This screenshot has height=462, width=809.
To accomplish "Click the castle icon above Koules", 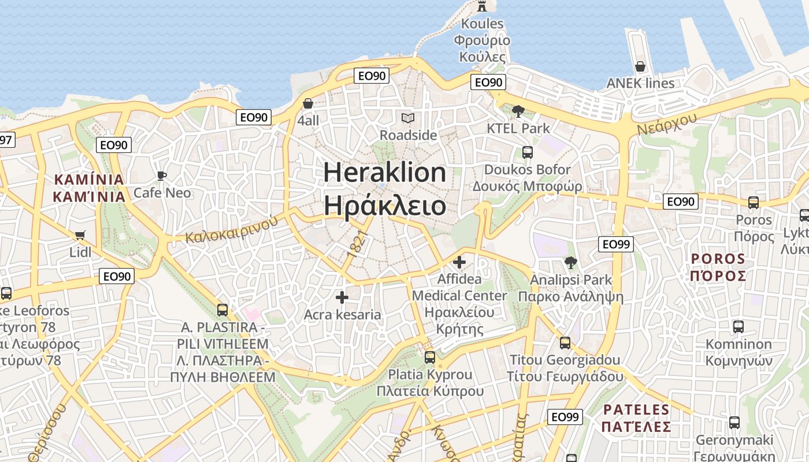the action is click(481, 6).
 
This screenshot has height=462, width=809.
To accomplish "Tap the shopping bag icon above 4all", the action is click(308, 103).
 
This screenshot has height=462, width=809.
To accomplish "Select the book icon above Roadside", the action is click(408, 118).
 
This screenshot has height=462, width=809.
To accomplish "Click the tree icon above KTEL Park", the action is click(518, 111).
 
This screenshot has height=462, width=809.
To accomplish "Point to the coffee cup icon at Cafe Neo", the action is click(162, 176).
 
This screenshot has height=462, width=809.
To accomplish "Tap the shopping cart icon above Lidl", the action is click(80, 235).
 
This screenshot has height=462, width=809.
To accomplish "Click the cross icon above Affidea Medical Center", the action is click(459, 263).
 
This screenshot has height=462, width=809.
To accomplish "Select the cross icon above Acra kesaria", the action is click(342, 297).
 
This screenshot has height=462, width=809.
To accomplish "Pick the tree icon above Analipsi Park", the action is click(571, 263).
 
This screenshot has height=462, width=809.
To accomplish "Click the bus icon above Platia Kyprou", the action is click(430, 357).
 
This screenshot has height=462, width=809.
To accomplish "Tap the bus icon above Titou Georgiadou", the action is click(565, 342).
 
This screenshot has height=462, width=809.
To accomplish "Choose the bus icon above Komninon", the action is click(739, 326).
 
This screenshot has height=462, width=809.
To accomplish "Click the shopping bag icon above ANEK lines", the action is click(640, 66).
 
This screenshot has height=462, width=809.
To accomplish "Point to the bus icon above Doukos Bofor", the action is click(527, 152).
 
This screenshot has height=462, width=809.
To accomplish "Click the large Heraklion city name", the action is click(384, 173).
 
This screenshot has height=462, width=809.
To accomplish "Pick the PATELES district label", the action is click(636, 410).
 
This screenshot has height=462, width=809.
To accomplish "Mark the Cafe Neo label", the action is click(162, 192).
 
